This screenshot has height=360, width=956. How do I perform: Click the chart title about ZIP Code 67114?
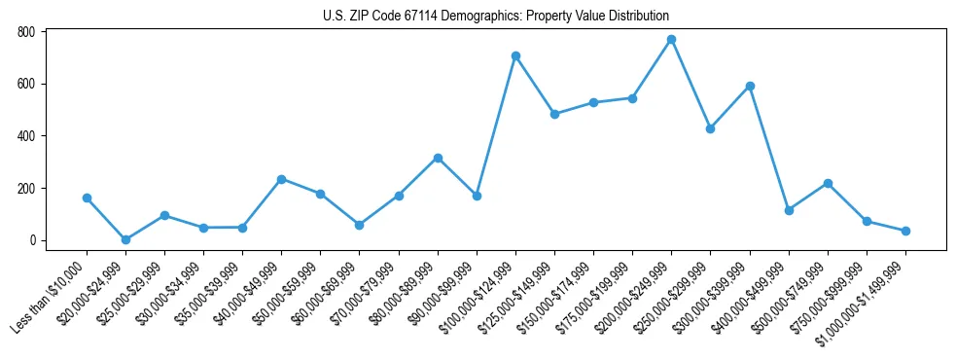(495, 17)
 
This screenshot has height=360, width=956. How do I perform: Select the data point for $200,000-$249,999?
(671, 40)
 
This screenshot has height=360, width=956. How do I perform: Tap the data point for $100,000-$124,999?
(515, 56)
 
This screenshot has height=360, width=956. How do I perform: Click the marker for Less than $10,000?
(87, 198)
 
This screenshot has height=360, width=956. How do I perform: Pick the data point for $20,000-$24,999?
(125, 239)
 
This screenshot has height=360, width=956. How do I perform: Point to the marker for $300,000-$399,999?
(750, 86)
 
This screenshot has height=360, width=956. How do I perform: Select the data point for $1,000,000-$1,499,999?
(905, 231)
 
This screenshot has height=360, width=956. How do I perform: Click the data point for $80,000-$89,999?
(438, 158)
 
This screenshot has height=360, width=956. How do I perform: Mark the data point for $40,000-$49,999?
(281, 179)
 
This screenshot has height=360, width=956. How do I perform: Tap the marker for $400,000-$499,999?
(789, 210)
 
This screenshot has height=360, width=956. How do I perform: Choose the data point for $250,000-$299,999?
(710, 128)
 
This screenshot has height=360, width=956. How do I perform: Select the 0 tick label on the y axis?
(32, 240)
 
